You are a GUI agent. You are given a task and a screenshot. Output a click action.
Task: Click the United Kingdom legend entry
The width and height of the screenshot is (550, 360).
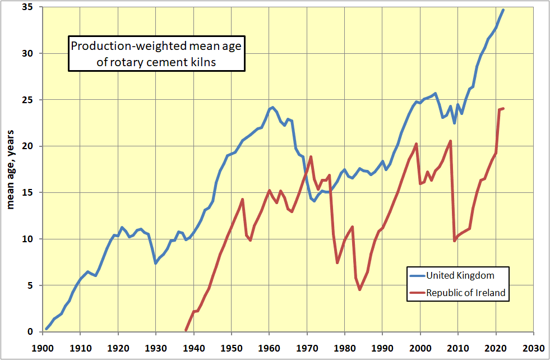460,275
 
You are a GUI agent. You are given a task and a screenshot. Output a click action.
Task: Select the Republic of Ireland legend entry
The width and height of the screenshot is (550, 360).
465,292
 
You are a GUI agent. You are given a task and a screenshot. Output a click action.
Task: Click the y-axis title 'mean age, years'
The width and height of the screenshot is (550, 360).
10,169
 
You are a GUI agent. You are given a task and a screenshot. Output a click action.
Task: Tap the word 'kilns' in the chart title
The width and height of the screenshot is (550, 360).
204,62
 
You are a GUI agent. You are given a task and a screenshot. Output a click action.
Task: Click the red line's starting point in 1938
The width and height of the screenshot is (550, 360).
186,330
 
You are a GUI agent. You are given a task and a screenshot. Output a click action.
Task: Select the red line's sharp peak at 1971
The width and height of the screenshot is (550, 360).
311,156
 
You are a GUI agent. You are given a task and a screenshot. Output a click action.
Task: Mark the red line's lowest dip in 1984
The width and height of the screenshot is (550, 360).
360,289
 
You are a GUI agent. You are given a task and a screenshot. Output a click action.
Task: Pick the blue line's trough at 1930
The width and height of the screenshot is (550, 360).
156,263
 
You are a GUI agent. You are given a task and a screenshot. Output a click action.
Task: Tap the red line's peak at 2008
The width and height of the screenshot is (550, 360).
450,141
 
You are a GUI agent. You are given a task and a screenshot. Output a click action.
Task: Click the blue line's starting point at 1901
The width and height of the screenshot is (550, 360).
47,329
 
